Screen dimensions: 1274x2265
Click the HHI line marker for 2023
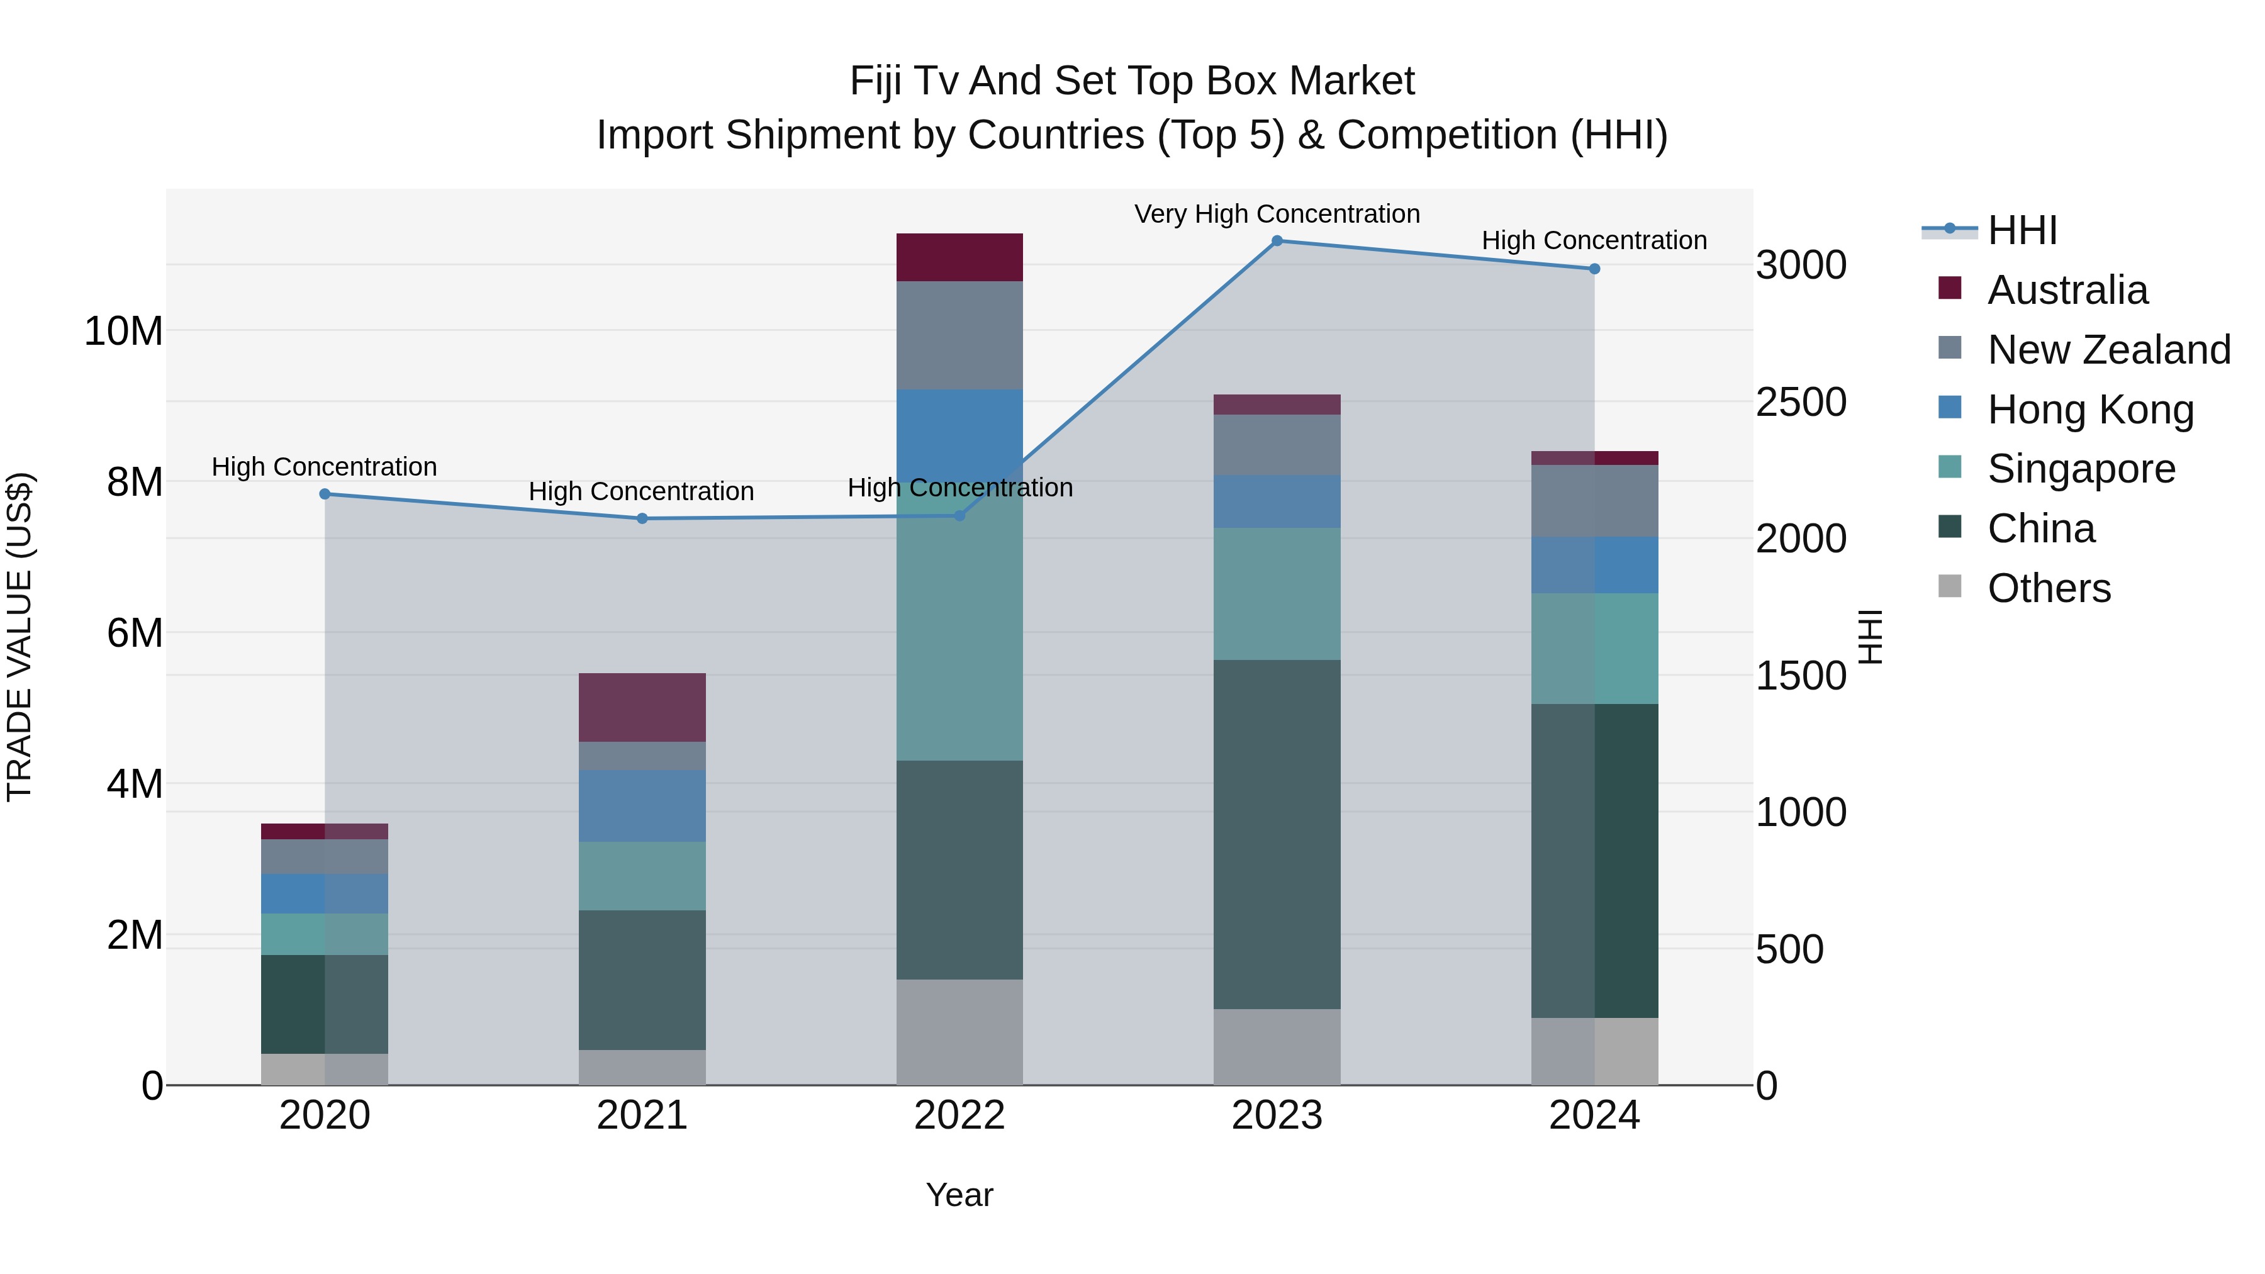(x=1277, y=241)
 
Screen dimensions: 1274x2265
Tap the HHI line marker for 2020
(x=325, y=494)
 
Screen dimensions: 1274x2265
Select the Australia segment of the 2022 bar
(x=959, y=257)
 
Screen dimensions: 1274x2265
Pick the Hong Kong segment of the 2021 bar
(x=642, y=807)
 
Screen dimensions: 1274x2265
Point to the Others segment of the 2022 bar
(x=959, y=1032)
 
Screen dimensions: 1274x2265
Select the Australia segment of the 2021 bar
(x=642, y=708)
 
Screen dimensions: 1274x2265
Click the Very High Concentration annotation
(x=1277, y=215)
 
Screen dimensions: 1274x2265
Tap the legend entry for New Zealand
(x=2108, y=350)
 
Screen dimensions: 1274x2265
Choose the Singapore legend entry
(x=2081, y=469)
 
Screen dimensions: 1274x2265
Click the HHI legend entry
(x=2022, y=230)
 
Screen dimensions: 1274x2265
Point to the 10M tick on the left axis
(x=124, y=332)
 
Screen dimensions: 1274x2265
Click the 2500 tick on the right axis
(x=1801, y=402)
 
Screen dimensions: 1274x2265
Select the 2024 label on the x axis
(x=1594, y=1115)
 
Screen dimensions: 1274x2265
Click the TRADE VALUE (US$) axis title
(x=20, y=637)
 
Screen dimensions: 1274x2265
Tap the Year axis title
(x=959, y=1195)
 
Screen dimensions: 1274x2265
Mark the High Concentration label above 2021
(x=641, y=491)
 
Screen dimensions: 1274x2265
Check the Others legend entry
(x=2048, y=588)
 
